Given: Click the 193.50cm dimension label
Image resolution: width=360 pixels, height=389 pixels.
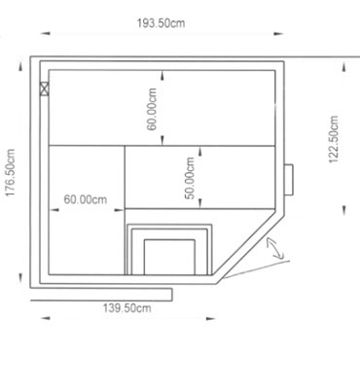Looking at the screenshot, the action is click(161, 23).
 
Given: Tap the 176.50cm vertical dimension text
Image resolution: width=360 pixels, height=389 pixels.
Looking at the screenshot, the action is click(11, 173).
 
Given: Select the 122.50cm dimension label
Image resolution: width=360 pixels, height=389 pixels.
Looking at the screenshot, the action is click(334, 139).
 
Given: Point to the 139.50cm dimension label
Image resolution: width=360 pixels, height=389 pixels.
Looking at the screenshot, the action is click(127, 308).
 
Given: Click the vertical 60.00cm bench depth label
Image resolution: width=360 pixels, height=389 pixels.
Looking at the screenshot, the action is click(152, 109).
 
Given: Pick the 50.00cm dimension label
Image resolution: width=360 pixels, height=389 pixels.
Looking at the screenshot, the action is click(189, 178).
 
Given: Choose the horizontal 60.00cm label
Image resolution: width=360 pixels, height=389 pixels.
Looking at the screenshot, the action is click(86, 199).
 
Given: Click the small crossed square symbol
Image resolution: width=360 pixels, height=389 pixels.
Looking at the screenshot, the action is click(44, 88).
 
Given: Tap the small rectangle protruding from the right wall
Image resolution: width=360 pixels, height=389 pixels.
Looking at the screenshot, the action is click(289, 180).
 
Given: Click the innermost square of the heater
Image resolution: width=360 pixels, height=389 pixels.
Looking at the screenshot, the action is click(169, 257).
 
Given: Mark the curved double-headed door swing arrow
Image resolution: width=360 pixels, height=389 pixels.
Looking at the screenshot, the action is click(274, 249).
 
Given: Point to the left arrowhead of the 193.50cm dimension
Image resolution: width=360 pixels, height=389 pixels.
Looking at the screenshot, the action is click(46, 33).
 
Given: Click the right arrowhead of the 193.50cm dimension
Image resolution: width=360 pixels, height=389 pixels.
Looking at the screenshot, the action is click(278, 33).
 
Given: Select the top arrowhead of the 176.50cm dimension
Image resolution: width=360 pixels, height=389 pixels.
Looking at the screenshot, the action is click(20, 66).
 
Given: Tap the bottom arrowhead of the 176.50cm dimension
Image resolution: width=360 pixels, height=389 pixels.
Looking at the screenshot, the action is click(20, 278).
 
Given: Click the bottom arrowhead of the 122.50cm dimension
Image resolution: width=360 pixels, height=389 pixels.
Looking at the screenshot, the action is click(343, 211).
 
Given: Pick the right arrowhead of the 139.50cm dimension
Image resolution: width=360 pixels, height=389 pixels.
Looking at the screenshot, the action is click(211, 319).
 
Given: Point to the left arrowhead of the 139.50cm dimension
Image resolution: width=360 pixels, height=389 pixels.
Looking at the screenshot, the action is click(46, 318).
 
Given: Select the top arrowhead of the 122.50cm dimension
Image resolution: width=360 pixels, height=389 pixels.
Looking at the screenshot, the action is click(343, 68).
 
